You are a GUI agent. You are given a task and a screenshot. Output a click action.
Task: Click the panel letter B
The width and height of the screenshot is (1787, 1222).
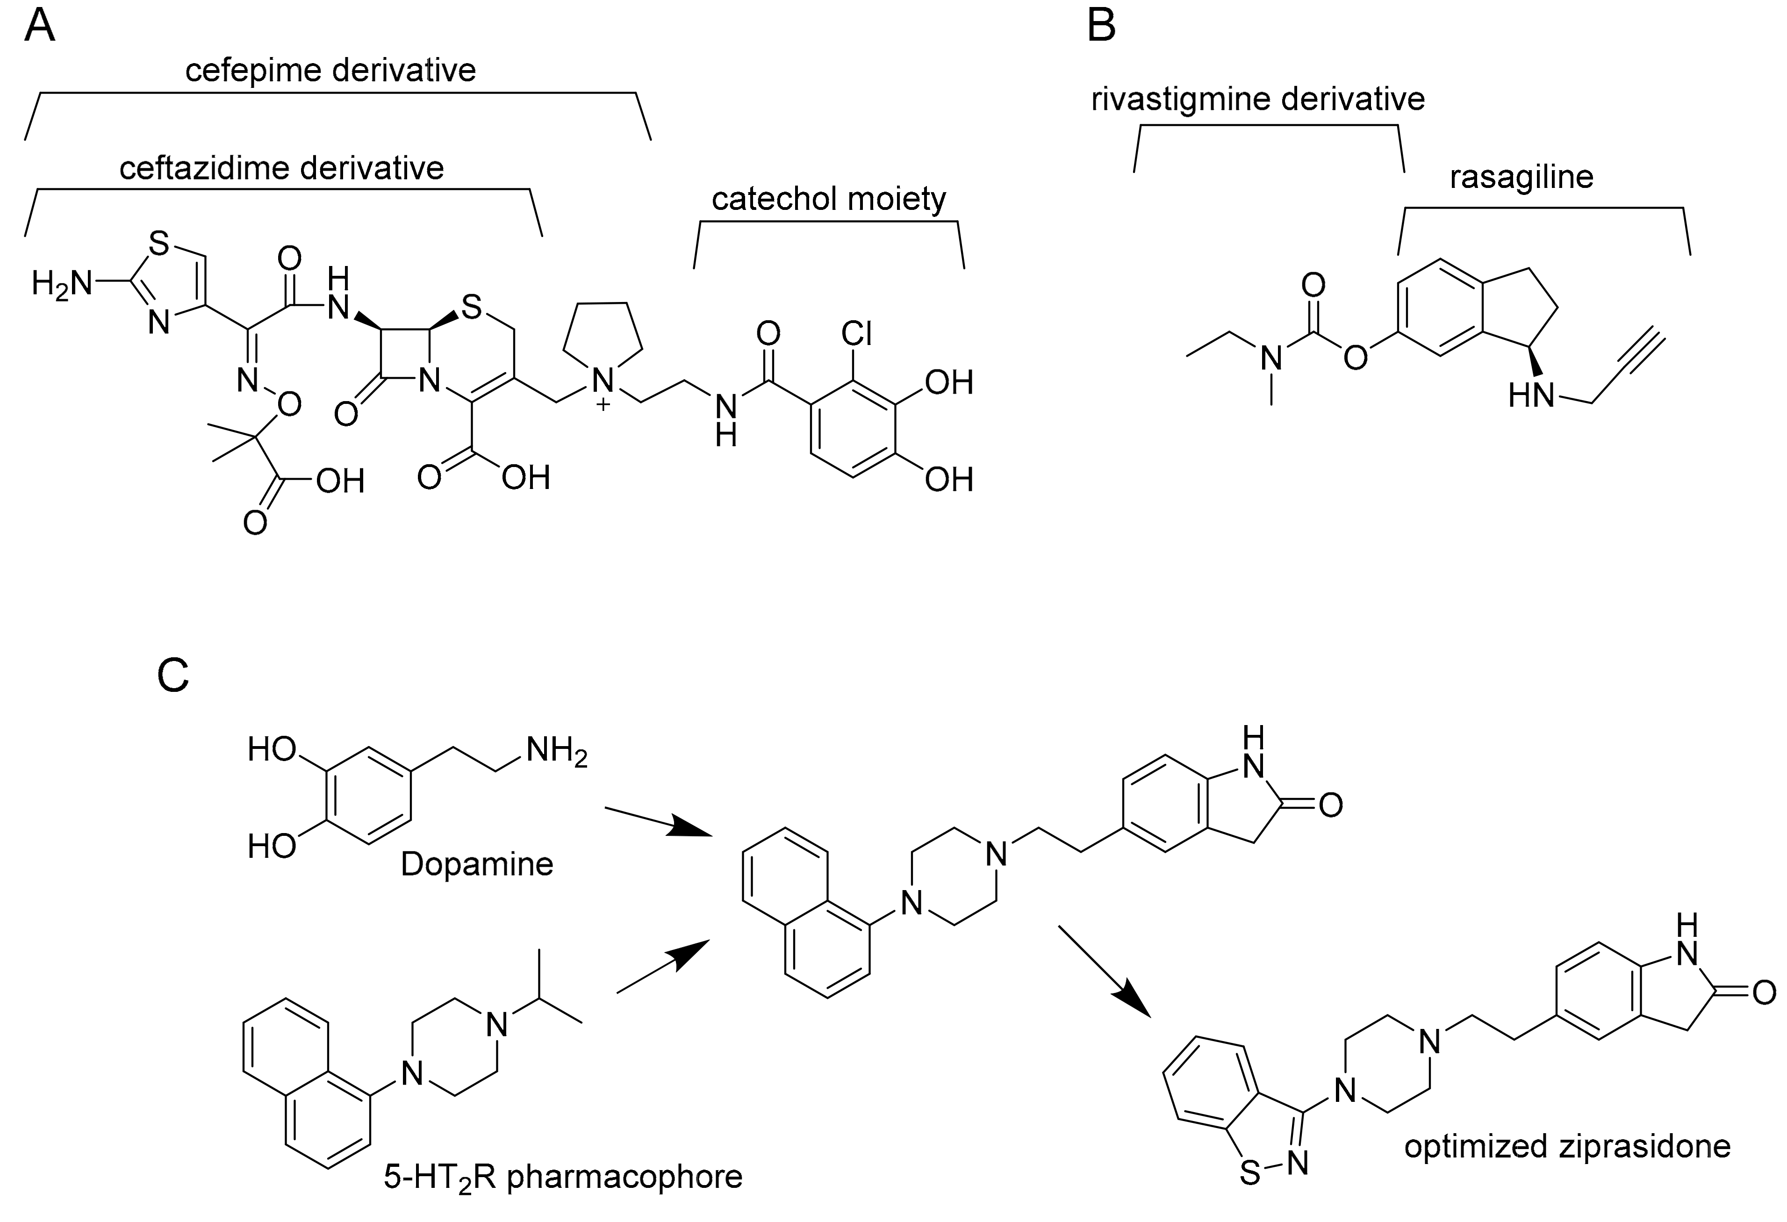pyautogui.click(x=1102, y=27)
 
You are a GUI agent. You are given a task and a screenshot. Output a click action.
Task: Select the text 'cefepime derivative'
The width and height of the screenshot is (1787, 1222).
pyautogui.click(x=330, y=71)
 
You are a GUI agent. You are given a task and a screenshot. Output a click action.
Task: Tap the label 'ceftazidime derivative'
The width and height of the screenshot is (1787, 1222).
pyautogui.click(x=281, y=168)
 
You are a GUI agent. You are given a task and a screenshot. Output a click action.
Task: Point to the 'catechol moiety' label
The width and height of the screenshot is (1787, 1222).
pyautogui.click(x=829, y=199)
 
